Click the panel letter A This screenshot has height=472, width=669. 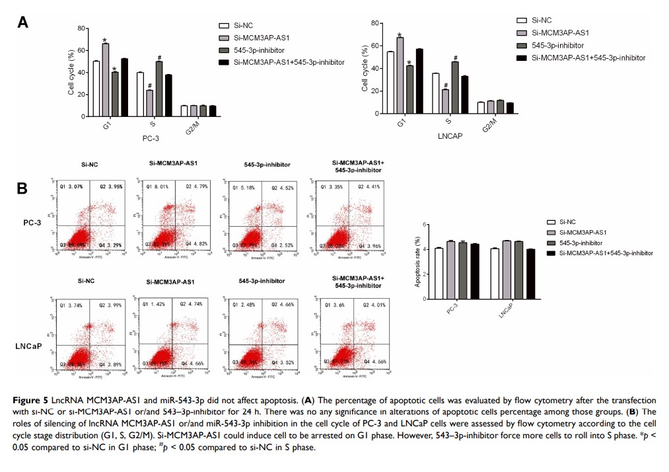[22, 23]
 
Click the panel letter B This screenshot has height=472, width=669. [22, 189]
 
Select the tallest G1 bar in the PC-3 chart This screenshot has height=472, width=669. [106, 80]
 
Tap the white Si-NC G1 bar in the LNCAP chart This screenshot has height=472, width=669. [390, 83]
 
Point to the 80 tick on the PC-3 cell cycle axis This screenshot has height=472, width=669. [81, 28]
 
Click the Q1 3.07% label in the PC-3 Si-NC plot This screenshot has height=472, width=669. [72, 187]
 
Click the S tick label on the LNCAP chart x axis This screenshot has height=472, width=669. [448, 122]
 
